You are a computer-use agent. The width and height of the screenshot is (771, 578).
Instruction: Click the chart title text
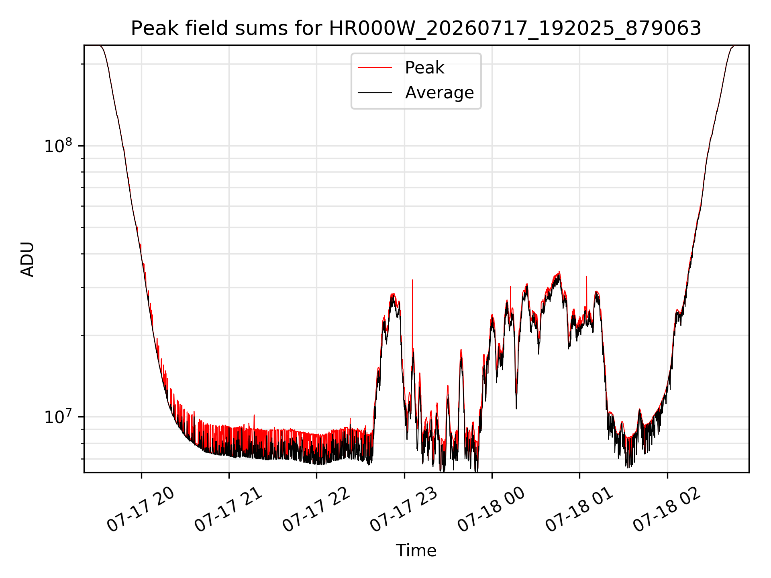(x=416, y=28)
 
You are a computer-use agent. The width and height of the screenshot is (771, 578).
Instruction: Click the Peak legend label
(x=424, y=68)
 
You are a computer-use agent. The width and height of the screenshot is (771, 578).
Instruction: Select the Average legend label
(x=439, y=93)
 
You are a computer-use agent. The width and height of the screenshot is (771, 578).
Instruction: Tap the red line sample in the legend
(x=375, y=68)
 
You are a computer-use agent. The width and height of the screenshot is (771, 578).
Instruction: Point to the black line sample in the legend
(x=375, y=93)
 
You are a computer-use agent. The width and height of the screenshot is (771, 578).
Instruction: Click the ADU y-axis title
(x=27, y=259)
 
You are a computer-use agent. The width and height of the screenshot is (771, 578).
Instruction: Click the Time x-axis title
(x=416, y=550)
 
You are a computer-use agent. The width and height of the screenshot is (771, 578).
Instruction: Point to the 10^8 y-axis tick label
(x=58, y=145)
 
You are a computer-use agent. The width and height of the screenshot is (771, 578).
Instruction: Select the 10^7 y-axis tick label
(x=58, y=416)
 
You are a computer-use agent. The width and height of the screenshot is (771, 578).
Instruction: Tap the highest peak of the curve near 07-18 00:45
(x=559, y=272)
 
